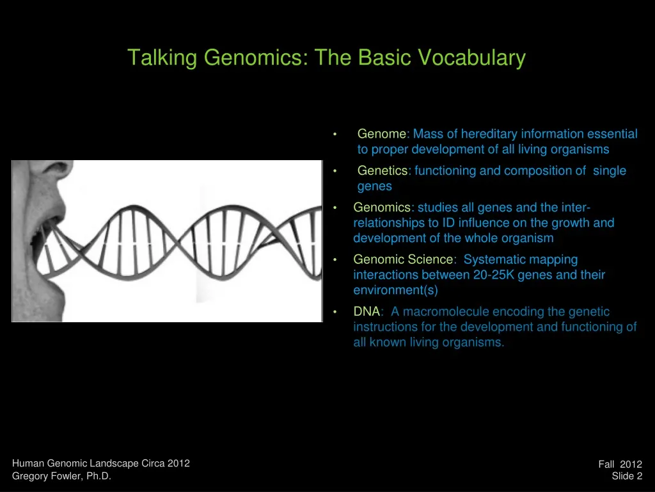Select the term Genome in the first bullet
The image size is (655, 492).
tap(381, 134)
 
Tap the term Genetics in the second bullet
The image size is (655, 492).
tap(382, 170)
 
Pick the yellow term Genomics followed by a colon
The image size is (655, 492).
tap(382, 208)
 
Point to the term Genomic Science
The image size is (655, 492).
tap(403, 259)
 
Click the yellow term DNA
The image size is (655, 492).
tap(367, 311)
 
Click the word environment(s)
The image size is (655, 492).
tap(395, 290)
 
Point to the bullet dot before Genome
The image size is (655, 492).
tap(335, 135)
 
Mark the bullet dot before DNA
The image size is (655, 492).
tap(335, 312)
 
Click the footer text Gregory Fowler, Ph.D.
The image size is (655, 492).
tap(62, 476)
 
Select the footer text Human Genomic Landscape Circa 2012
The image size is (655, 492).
tap(101, 464)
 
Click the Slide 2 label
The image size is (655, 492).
tap(627, 476)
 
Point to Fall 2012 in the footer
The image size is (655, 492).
tap(620, 464)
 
